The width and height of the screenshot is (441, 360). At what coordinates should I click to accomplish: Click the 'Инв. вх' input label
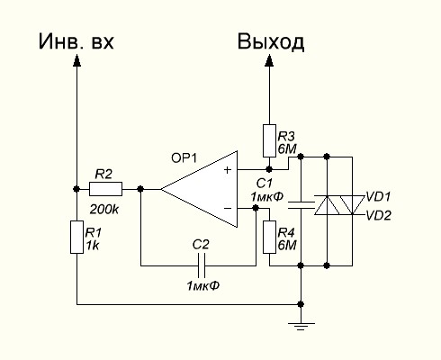click(76, 41)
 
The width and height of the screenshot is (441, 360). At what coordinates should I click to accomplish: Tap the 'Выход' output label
click(271, 41)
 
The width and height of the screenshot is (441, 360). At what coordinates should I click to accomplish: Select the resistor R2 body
click(105, 189)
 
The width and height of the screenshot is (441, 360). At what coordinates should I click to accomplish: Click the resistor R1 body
click(76, 237)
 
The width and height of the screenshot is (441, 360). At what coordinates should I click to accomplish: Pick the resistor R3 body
click(269, 140)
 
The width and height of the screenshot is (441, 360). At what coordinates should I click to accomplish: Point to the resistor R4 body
click(269, 237)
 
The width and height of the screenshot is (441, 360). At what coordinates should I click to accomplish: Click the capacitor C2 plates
click(201, 265)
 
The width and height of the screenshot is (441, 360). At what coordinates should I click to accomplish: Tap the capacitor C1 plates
click(301, 205)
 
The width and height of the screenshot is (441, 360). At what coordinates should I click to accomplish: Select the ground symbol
click(301, 326)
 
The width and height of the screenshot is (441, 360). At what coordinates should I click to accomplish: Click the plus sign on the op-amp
click(228, 170)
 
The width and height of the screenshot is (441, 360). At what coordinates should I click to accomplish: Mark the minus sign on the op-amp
click(228, 208)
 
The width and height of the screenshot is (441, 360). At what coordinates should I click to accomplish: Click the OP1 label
click(184, 158)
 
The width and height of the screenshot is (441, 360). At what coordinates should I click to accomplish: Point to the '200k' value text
click(104, 210)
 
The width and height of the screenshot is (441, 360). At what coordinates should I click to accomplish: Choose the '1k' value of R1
click(93, 246)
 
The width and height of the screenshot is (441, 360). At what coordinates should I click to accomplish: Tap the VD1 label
click(378, 197)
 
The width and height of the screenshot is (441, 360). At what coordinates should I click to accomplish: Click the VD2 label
click(379, 215)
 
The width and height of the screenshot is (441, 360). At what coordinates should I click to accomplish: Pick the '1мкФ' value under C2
click(203, 285)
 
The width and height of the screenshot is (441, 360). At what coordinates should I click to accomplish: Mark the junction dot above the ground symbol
click(301, 304)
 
